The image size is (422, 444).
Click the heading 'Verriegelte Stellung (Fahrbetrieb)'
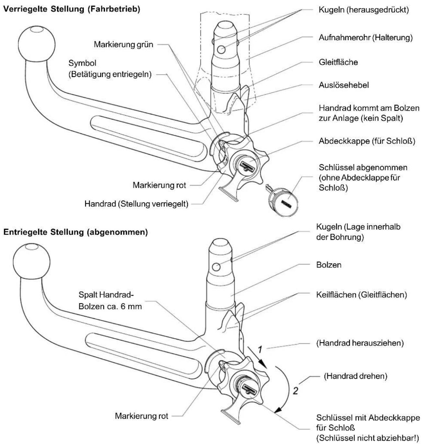pos(72,9)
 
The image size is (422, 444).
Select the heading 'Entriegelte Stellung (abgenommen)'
pos(75,232)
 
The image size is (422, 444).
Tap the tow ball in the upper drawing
pos(37,43)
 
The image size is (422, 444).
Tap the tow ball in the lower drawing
pos(31,261)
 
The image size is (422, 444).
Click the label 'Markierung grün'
pos(123,44)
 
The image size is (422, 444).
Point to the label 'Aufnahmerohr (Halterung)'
pos(365,38)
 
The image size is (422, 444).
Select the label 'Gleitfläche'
pos(338,62)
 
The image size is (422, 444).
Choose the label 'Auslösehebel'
pos(344,85)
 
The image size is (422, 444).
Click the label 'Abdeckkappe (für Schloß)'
pos(367,141)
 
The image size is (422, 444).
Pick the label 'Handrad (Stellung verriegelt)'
pos(136,204)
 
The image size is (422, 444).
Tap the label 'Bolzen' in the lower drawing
pos(329,265)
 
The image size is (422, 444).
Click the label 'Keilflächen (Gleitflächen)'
pos(361,295)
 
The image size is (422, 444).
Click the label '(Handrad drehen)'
pos(356,376)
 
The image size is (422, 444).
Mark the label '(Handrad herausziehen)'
pos(360,343)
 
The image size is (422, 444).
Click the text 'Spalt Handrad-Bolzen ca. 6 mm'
pos(110,301)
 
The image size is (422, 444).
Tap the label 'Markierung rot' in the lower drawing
pos(141,416)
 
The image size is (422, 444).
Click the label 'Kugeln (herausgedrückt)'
pos(364,10)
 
